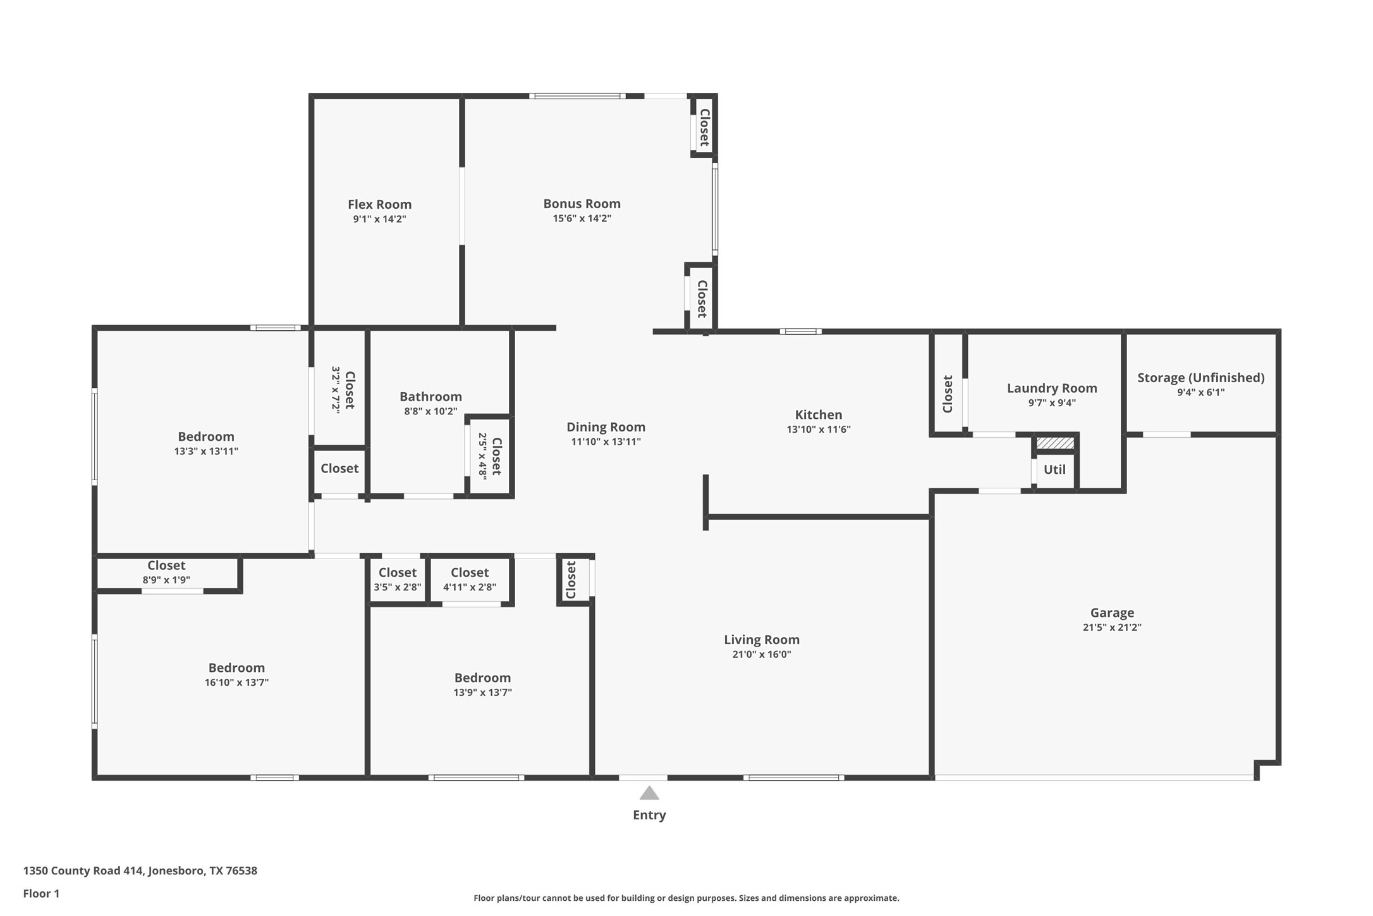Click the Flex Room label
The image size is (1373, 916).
tap(379, 204)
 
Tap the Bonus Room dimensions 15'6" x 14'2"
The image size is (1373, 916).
tap(582, 219)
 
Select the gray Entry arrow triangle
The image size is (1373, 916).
tap(649, 793)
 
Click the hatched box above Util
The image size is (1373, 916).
tap(1055, 443)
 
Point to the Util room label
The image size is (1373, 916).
tap(1054, 469)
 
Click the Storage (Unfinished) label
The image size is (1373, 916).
tap(1200, 378)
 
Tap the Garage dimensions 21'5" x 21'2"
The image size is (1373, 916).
tap(1112, 628)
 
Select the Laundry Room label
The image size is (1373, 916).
tap(1052, 388)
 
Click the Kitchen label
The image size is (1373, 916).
tap(818, 415)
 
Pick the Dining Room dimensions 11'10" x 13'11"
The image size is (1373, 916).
tap(606, 442)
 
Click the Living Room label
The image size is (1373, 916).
tap(761, 640)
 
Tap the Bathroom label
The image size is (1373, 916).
tap(430, 397)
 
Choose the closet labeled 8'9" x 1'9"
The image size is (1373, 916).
tap(166, 572)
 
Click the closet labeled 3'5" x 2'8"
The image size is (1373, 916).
tap(397, 579)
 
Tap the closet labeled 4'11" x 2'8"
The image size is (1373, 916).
tap(470, 579)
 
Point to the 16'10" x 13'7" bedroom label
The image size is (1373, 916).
tap(236, 668)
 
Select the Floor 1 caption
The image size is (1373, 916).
tap(41, 894)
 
